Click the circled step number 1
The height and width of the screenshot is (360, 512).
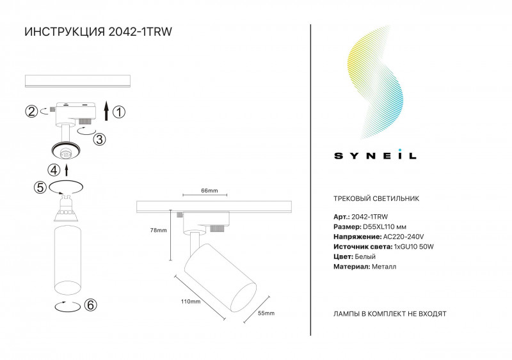[x=119, y=112]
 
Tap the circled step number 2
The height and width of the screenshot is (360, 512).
[x=31, y=111]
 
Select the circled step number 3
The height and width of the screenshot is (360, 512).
[x=100, y=139]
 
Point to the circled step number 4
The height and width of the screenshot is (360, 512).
[x=54, y=170]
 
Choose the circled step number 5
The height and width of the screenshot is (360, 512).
[x=40, y=187]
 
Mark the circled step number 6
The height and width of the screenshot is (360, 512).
[x=90, y=305]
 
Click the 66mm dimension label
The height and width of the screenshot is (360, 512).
[x=209, y=191]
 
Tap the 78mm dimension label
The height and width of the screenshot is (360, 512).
[x=158, y=230]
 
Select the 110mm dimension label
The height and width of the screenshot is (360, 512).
[x=191, y=302]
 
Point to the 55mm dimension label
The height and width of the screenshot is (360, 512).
[x=266, y=313]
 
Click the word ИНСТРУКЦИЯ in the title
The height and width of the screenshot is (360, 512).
[x=65, y=32]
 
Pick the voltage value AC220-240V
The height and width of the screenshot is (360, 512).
[x=403, y=237]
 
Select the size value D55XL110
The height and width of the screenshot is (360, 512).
[x=378, y=227]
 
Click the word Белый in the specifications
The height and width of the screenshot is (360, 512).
[x=365, y=256]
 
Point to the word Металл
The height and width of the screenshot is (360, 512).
[x=384, y=267]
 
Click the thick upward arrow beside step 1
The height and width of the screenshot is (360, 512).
[x=106, y=111]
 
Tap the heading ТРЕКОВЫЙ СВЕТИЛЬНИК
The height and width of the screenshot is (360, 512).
[x=376, y=198]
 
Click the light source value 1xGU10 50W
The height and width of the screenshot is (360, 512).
[x=413, y=247]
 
